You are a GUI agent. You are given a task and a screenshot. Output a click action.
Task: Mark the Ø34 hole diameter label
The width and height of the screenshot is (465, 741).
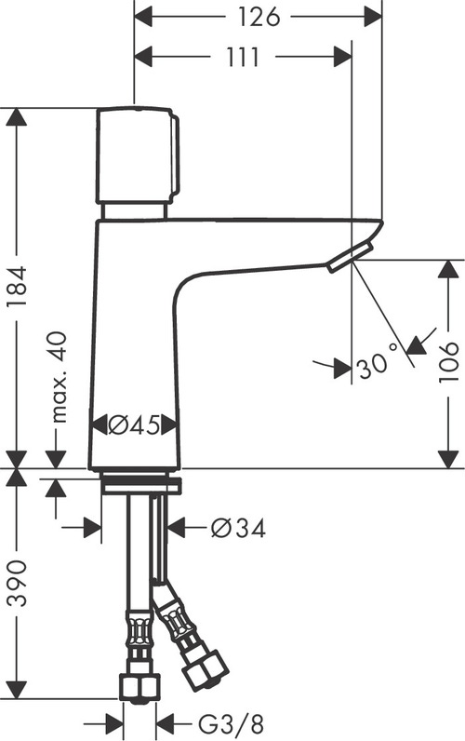click(x=238, y=529)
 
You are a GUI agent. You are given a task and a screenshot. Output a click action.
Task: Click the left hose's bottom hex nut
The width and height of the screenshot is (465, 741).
click(x=139, y=686)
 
